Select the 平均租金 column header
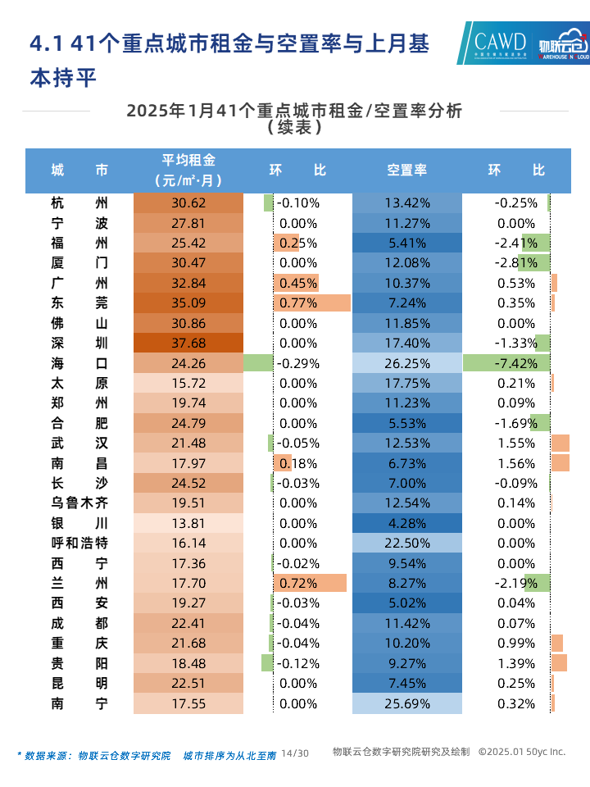coord(188,170)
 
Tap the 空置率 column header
coord(406,171)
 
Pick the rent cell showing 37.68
coord(188,343)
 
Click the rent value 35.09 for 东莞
coord(188,303)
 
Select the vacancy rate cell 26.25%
coord(406,363)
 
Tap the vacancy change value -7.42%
coord(515,363)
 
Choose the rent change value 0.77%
coord(298,303)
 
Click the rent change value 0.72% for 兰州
coord(298,584)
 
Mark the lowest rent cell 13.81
coord(188,523)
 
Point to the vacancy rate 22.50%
coord(406,544)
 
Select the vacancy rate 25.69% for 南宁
coord(406,703)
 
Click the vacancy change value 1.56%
coord(515,463)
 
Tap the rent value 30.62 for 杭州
coord(188,203)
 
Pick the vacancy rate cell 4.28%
coord(406,523)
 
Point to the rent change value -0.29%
coord(298,363)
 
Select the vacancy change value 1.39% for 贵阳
coord(515,663)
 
